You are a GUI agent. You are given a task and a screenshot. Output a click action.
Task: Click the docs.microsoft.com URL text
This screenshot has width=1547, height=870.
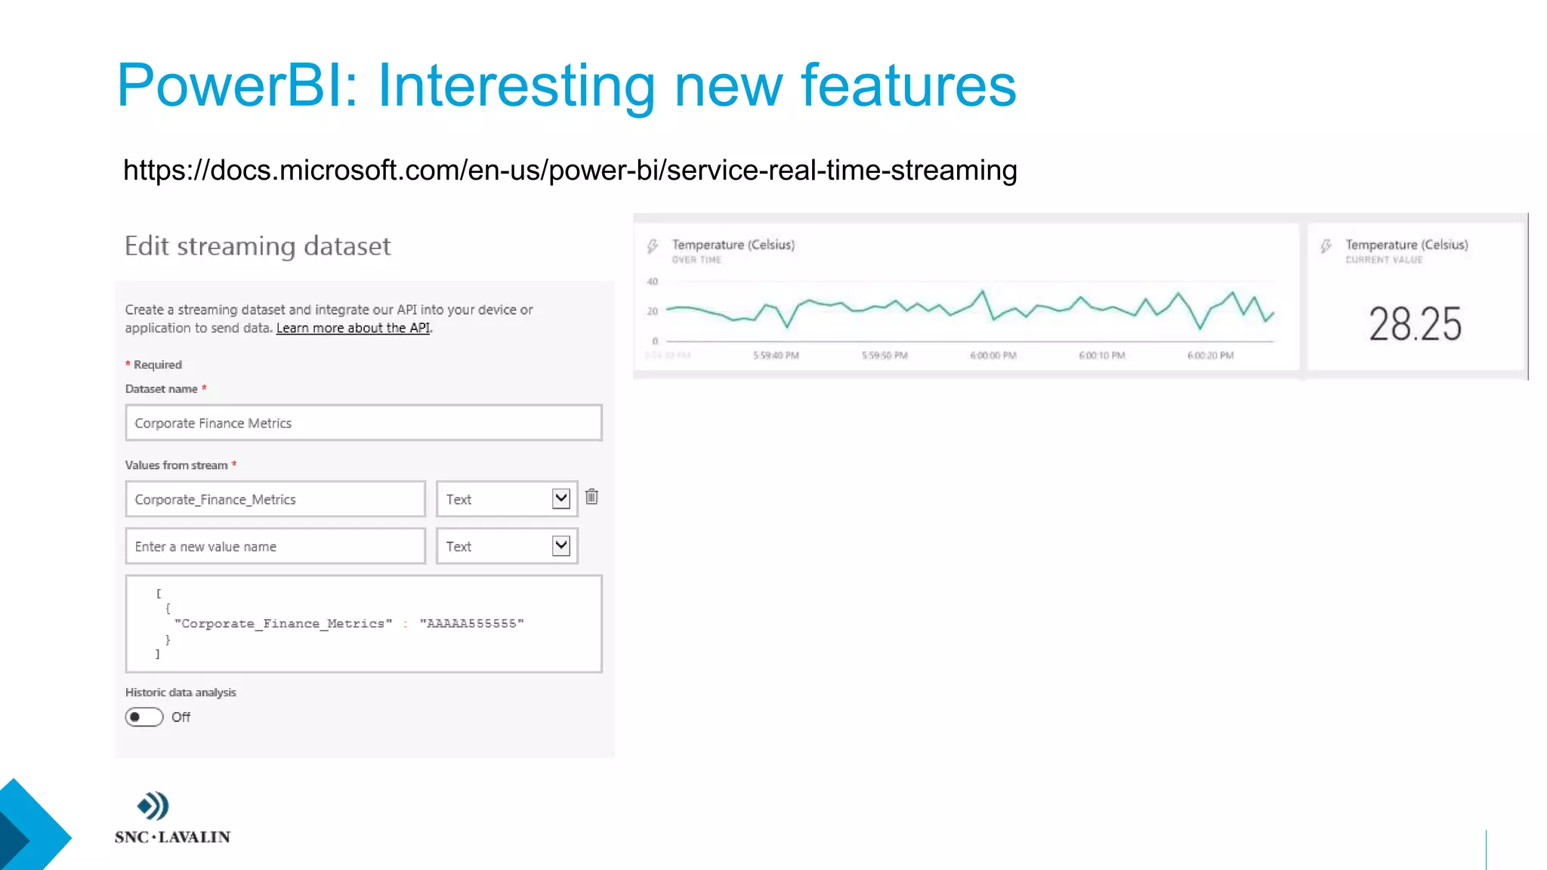[x=570, y=171]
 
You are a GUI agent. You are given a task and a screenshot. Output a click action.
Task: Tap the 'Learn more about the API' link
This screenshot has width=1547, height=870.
[x=353, y=328]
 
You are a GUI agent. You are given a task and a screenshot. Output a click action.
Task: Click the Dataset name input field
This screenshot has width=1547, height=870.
[x=363, y=423]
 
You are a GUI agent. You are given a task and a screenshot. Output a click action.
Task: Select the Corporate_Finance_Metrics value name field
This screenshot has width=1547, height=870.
[x=275, y=499]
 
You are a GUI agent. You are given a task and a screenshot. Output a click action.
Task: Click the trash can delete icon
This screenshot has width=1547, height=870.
[x=591, y=497]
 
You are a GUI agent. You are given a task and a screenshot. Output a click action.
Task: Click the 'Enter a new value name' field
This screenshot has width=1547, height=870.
[x=275, y=546]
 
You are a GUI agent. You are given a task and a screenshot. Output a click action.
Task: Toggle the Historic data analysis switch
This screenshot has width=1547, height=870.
[x=144, y=717]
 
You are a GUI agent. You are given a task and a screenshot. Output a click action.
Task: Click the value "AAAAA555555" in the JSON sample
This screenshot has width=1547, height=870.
[x=471, y=624]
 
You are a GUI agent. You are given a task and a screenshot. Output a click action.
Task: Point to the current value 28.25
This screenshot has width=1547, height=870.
[x=1415, y=324]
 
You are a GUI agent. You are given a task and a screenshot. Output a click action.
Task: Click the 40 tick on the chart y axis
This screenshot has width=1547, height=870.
[x=653, y=282]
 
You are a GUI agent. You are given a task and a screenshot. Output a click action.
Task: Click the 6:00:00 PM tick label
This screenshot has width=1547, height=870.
[x=993, y=356]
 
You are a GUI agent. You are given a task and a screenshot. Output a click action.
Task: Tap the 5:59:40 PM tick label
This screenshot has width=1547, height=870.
[x=776, y=356]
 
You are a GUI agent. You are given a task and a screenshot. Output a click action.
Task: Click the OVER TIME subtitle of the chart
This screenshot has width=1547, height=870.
[x=696, y=260]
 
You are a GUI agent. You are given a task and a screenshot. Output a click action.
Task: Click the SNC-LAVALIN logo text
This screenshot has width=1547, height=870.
[x=173, y=837]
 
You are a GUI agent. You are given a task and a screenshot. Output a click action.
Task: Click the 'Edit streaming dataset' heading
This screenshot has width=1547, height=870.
[x=258, y=246]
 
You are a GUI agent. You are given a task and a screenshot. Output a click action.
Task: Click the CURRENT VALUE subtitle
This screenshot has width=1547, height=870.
[x=1383, y=260]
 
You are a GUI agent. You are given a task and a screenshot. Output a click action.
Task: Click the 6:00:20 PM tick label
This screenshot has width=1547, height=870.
[x=1210, y=356]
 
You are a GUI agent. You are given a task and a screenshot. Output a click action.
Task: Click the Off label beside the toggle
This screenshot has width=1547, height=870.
[x=181, y=717]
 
